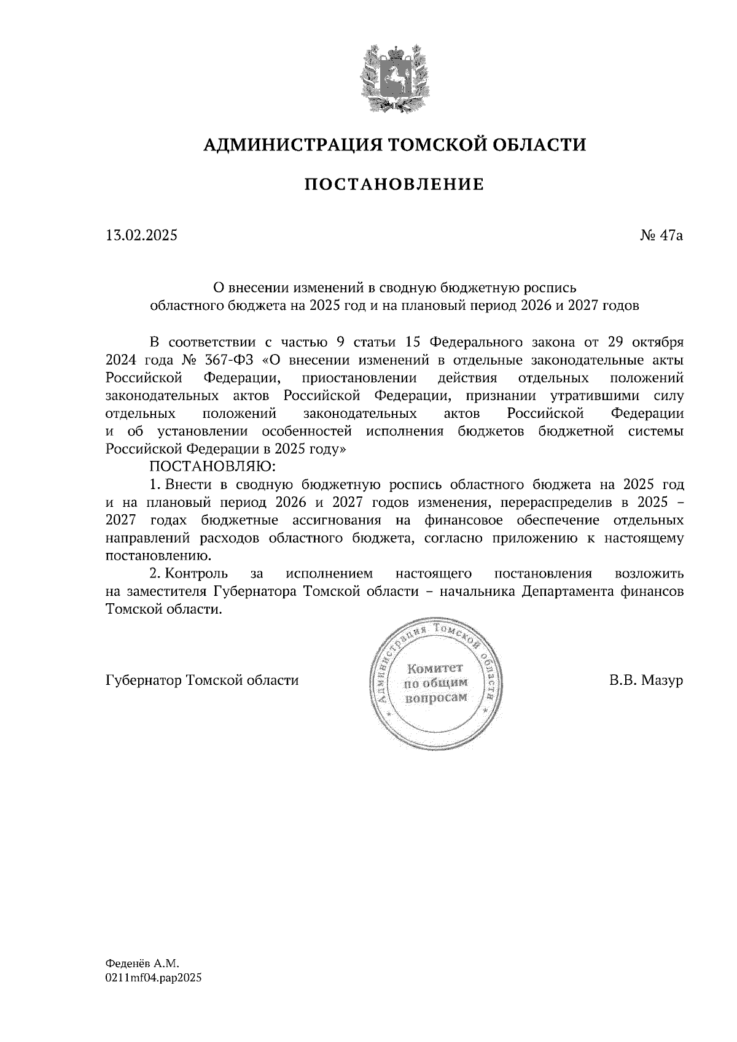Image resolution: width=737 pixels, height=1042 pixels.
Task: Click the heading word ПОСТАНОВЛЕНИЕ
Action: [394, 184]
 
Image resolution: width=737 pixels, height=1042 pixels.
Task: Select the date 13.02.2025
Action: [141, 235]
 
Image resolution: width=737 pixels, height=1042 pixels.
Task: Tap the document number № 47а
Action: [661, 235]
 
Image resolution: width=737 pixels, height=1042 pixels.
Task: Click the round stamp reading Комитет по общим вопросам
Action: [435, 683]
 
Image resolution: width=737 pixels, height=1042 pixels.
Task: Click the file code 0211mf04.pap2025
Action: [154, 978]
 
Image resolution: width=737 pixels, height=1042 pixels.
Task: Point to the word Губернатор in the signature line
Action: [143, 681]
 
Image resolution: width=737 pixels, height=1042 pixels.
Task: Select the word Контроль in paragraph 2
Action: [197, 574]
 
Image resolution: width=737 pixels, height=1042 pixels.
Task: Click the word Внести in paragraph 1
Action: [186, 484]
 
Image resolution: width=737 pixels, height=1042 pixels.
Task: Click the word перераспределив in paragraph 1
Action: [554, 503]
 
